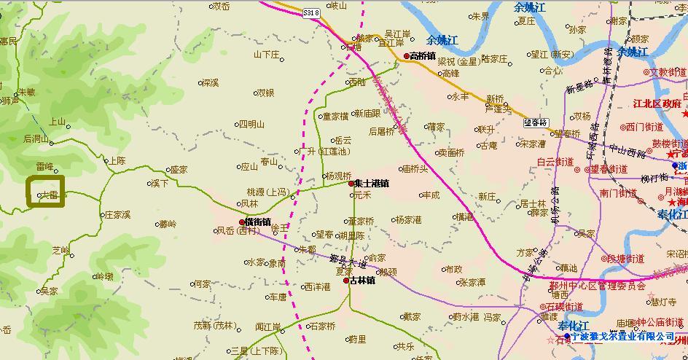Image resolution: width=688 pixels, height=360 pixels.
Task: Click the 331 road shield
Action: (x=311, y=13)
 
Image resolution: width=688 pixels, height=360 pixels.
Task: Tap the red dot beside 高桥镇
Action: (x=407, y=55)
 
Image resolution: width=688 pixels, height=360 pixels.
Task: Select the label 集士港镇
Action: (x=372, y=184)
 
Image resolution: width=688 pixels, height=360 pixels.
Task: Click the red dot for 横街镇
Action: (x=242, y=222)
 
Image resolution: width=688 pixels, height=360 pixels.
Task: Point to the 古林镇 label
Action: (x=362, y=280)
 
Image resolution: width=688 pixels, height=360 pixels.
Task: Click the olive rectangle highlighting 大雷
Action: (x=46, y=191)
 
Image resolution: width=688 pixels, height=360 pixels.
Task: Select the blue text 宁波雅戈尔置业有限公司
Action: (x=623, y=337)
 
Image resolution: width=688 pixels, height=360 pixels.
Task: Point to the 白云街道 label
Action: (x=558, y=162)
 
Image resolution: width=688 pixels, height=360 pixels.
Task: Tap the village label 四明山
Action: (x=252, y=124)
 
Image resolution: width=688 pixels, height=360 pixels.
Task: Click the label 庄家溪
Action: (x=117, y=215)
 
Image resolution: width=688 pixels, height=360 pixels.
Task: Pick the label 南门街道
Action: (x=618, y=193)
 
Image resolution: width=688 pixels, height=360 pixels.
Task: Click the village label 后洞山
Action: (x=36, y=138)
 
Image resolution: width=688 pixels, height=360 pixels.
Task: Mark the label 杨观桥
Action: (x=338, y=176)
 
